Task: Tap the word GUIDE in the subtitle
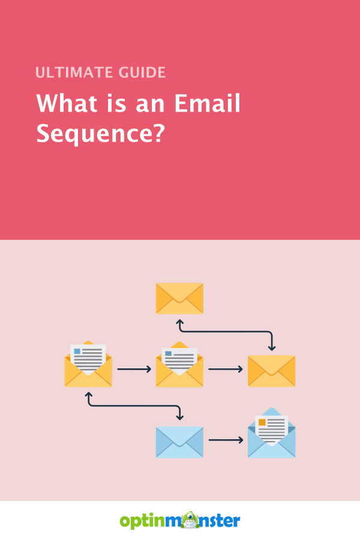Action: coord(142,73)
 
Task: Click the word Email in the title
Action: coord(207,103)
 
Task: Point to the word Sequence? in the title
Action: coord(101,134)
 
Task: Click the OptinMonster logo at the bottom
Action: coord(180,520)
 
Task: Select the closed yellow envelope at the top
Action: coord(179,298)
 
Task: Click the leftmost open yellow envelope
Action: coord(88,364)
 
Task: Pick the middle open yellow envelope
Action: coord(179,364)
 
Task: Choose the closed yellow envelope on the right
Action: coord(271,371)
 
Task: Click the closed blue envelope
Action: coord(179,442)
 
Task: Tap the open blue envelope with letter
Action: coord(271,433)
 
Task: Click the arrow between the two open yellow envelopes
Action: coord(134,369)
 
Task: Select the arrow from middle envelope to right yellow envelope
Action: coord(226,369)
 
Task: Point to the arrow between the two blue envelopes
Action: coord(226,440)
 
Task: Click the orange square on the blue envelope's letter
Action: coord(262,422)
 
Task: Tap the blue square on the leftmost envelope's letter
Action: coord(77,351)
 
